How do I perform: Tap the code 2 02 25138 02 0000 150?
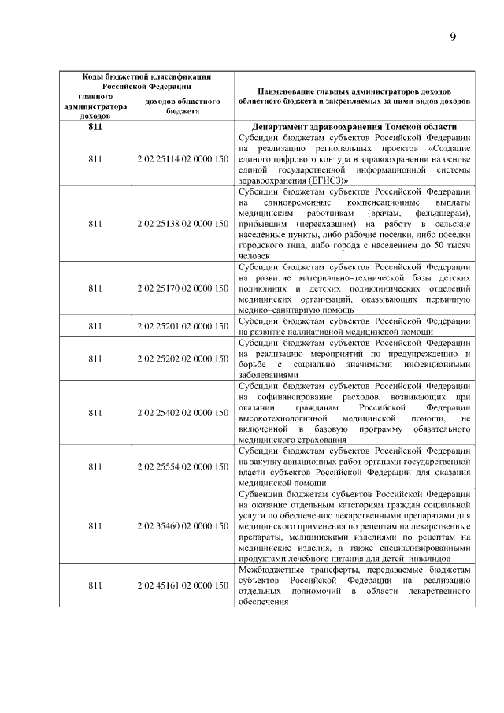pyautogui.click(x=182, y=224)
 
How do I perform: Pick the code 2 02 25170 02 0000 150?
pyautogui.click(x=182, y=288)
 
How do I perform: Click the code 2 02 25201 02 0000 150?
pyautogui.click(x=182, y=326)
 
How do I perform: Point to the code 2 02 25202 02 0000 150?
pyautogui.click(x=182, y=358)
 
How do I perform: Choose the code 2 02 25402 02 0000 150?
pyautogui.click(x=182, y=413)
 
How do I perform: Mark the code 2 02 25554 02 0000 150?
pyautogui.click(x=182, y=466)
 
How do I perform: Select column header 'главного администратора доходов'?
pyautogui.click(x=95, y=106)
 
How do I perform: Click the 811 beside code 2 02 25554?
pyautogui.click(x=95, y=466)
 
